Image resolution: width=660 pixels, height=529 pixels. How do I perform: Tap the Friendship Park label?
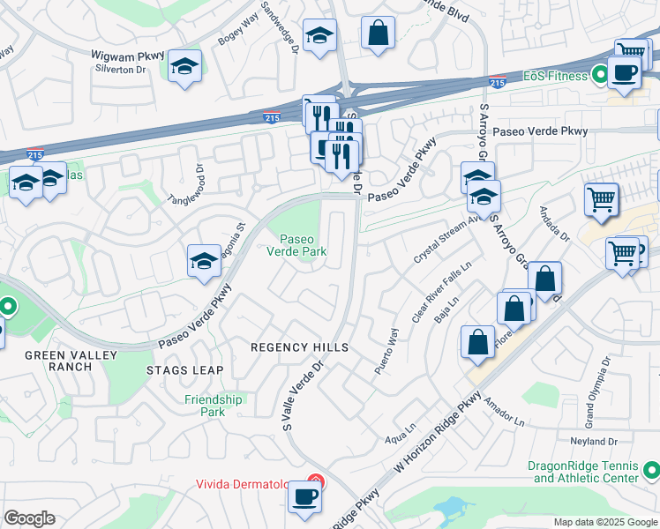tap(214, 406)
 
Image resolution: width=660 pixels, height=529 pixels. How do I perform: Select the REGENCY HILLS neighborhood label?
tap(300, 347)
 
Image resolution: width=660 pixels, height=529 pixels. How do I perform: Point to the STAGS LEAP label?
tap(185, 370)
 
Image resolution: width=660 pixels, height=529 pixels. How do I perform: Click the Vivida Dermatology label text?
tap(251, 484)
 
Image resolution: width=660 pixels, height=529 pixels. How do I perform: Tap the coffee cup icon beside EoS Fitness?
tap(624, 73)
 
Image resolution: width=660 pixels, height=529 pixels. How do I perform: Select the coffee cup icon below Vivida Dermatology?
tap(305, 497)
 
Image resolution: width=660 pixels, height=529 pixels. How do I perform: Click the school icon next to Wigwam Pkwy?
tap(185, 66)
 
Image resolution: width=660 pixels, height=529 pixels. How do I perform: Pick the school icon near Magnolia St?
tap(204, 261)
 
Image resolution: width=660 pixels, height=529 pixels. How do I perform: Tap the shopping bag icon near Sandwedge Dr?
tap(378, 34)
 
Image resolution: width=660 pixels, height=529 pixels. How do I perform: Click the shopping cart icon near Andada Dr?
tap(601, 199)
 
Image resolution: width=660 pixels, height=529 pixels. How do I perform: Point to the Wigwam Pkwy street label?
tap(128, 55)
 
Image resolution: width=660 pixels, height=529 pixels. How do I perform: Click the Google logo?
tap(30, 518)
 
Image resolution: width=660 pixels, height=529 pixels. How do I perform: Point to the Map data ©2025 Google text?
tap(604, 522)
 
